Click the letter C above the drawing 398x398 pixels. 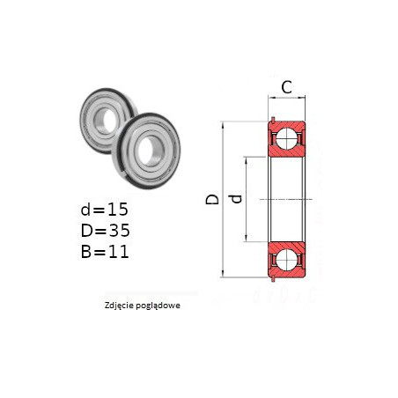[286, 87]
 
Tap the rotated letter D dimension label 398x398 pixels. [212, 199]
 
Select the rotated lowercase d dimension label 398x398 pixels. [236, 199]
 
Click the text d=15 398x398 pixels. [105, 210]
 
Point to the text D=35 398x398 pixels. [105, 231]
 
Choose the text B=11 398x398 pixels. [105, 252]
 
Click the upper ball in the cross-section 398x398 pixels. [286, 138]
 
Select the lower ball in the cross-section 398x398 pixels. [286, 260]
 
